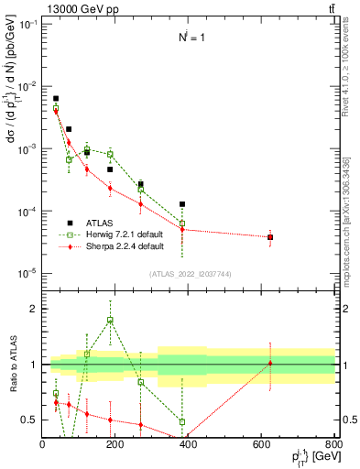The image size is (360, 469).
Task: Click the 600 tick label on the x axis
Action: [x=261, y=444]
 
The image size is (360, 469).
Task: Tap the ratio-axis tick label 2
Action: [x=34, y=309]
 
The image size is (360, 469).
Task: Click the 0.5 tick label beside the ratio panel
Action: [x=30, y=420]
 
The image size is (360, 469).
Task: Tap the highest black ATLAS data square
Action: [x=56, y=98]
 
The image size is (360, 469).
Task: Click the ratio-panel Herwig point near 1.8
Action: [x=110, y=320]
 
